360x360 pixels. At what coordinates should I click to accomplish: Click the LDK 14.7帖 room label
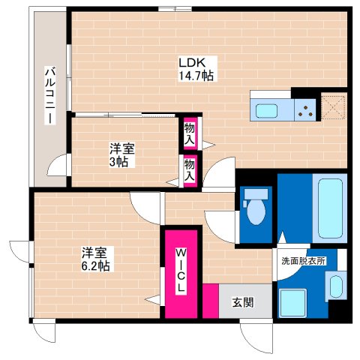(196, 69)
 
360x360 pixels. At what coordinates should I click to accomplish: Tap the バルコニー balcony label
(50, 95)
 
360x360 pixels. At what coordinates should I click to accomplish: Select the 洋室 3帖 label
(122, 155)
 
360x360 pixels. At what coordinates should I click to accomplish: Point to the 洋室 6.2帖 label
(95, 259)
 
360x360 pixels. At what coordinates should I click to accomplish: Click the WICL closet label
(181, 271)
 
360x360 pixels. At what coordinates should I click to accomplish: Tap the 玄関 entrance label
(243, 302)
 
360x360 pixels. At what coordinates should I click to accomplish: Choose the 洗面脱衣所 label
(304, 261)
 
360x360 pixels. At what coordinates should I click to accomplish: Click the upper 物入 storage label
(190, 134)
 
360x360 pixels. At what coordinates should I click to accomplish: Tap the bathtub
(330, 208)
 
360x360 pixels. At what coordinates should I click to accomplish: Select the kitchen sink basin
(266, 110)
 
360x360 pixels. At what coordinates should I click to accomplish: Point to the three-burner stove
(305, 110)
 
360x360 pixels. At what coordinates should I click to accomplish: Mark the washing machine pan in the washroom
(292, 303)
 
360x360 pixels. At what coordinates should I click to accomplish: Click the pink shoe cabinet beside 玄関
(211, 301)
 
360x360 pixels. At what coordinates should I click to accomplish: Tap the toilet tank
(256, 194)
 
